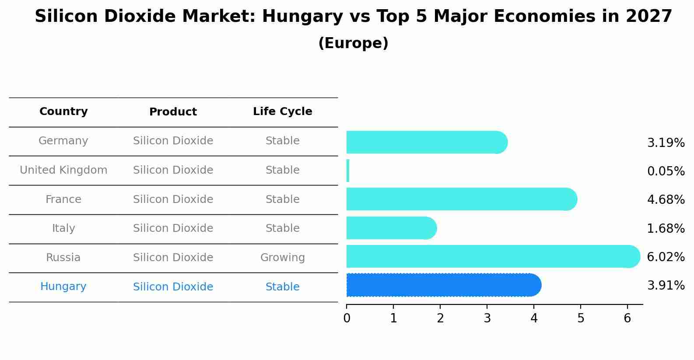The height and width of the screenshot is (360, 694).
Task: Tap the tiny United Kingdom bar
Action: (x=348, y=171)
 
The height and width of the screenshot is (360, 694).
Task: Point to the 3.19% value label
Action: (x=666, y=143)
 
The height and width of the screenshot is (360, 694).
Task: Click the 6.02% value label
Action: (x=666, y=257)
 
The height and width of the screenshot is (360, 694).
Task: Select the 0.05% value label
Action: (x=666, y=171)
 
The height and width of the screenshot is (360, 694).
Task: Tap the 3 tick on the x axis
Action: (x=487, y=318)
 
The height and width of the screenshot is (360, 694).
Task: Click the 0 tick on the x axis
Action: (x=347, y=318)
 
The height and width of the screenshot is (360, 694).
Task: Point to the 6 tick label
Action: (x=627, y=318)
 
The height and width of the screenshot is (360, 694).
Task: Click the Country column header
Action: (x=63, y=112)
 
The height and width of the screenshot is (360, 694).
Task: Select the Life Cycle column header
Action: (x=282, y=112)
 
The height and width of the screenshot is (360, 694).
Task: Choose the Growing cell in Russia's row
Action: (x=282, y=258)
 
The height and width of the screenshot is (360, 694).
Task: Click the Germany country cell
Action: (x=63, y=141)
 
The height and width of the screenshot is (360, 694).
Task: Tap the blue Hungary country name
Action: (x=63, y=287)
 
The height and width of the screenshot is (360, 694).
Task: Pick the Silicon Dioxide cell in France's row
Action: (x=173, y=199)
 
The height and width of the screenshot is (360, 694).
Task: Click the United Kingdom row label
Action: (x=63, y=170)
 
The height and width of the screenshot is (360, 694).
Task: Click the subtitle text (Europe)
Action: (x=353, y=43)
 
